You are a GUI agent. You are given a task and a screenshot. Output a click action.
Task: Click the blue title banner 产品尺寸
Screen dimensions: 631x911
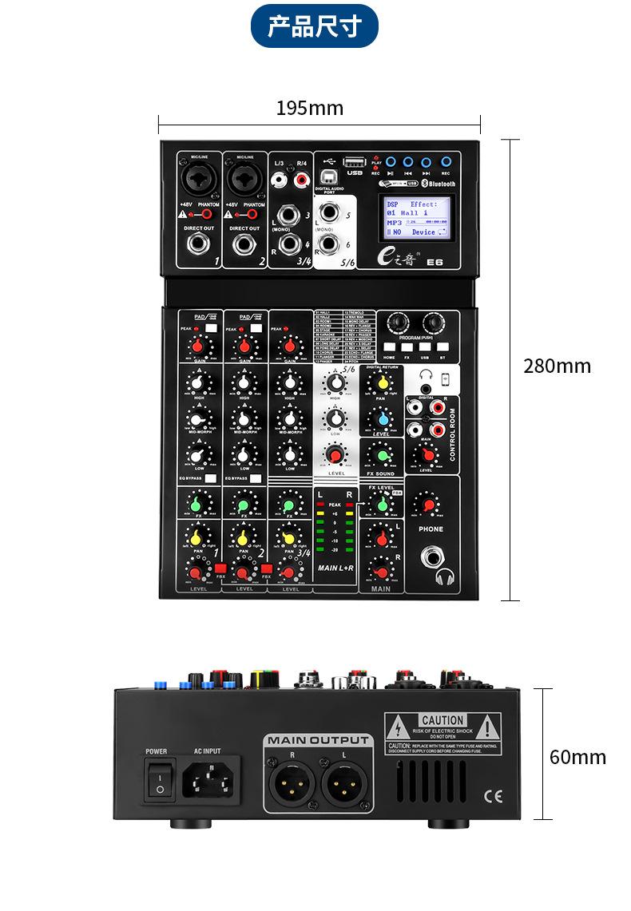click(314, 26)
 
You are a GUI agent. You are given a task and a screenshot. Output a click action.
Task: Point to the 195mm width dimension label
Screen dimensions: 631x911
click(310, 108)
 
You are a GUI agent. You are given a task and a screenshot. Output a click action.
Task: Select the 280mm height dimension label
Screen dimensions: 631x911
click(558, 366)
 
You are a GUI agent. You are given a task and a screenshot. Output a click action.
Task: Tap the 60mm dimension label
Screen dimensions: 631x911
click(577, 756)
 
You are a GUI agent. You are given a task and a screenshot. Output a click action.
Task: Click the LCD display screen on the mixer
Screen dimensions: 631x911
click(415, 217)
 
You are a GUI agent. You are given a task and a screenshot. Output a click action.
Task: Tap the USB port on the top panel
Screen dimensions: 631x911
click(355, 162)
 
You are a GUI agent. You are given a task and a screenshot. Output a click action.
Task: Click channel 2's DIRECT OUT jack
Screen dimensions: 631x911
click(244, 244)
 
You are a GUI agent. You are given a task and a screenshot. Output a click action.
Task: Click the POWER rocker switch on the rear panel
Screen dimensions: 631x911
click(160, 780)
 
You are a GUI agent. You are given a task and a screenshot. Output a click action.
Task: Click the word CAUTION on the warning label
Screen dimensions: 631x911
click(442, 721)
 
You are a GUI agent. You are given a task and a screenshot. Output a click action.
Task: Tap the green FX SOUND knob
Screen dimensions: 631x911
click(383, 456)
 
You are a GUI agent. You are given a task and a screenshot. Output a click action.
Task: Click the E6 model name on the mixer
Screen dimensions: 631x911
click(435, 260)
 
